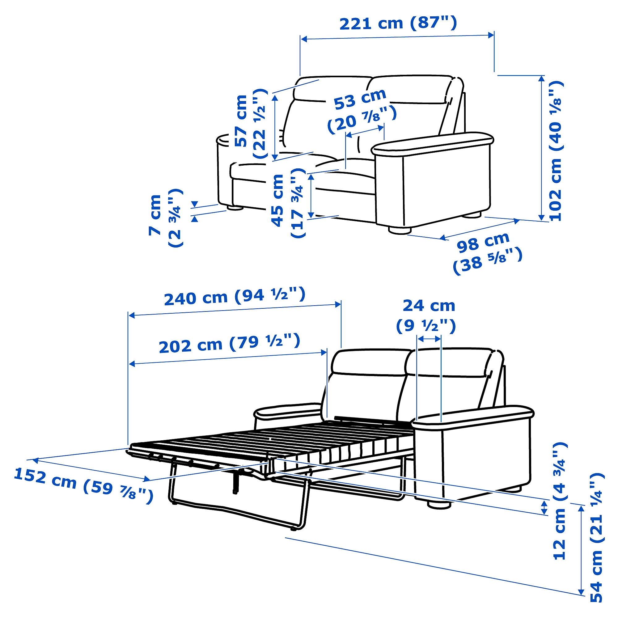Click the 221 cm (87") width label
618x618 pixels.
coord(398,23)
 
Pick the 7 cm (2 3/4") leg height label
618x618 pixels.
coord(165,218)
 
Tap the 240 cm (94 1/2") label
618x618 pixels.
coord(235,296)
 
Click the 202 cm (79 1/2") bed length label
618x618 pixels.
coord(229,343)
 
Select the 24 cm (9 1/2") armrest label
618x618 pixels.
coord(426,315)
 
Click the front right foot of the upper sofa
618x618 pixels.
coord(400,230)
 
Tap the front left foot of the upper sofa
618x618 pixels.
coord(235,208)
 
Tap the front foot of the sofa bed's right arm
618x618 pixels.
coord(439,505)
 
